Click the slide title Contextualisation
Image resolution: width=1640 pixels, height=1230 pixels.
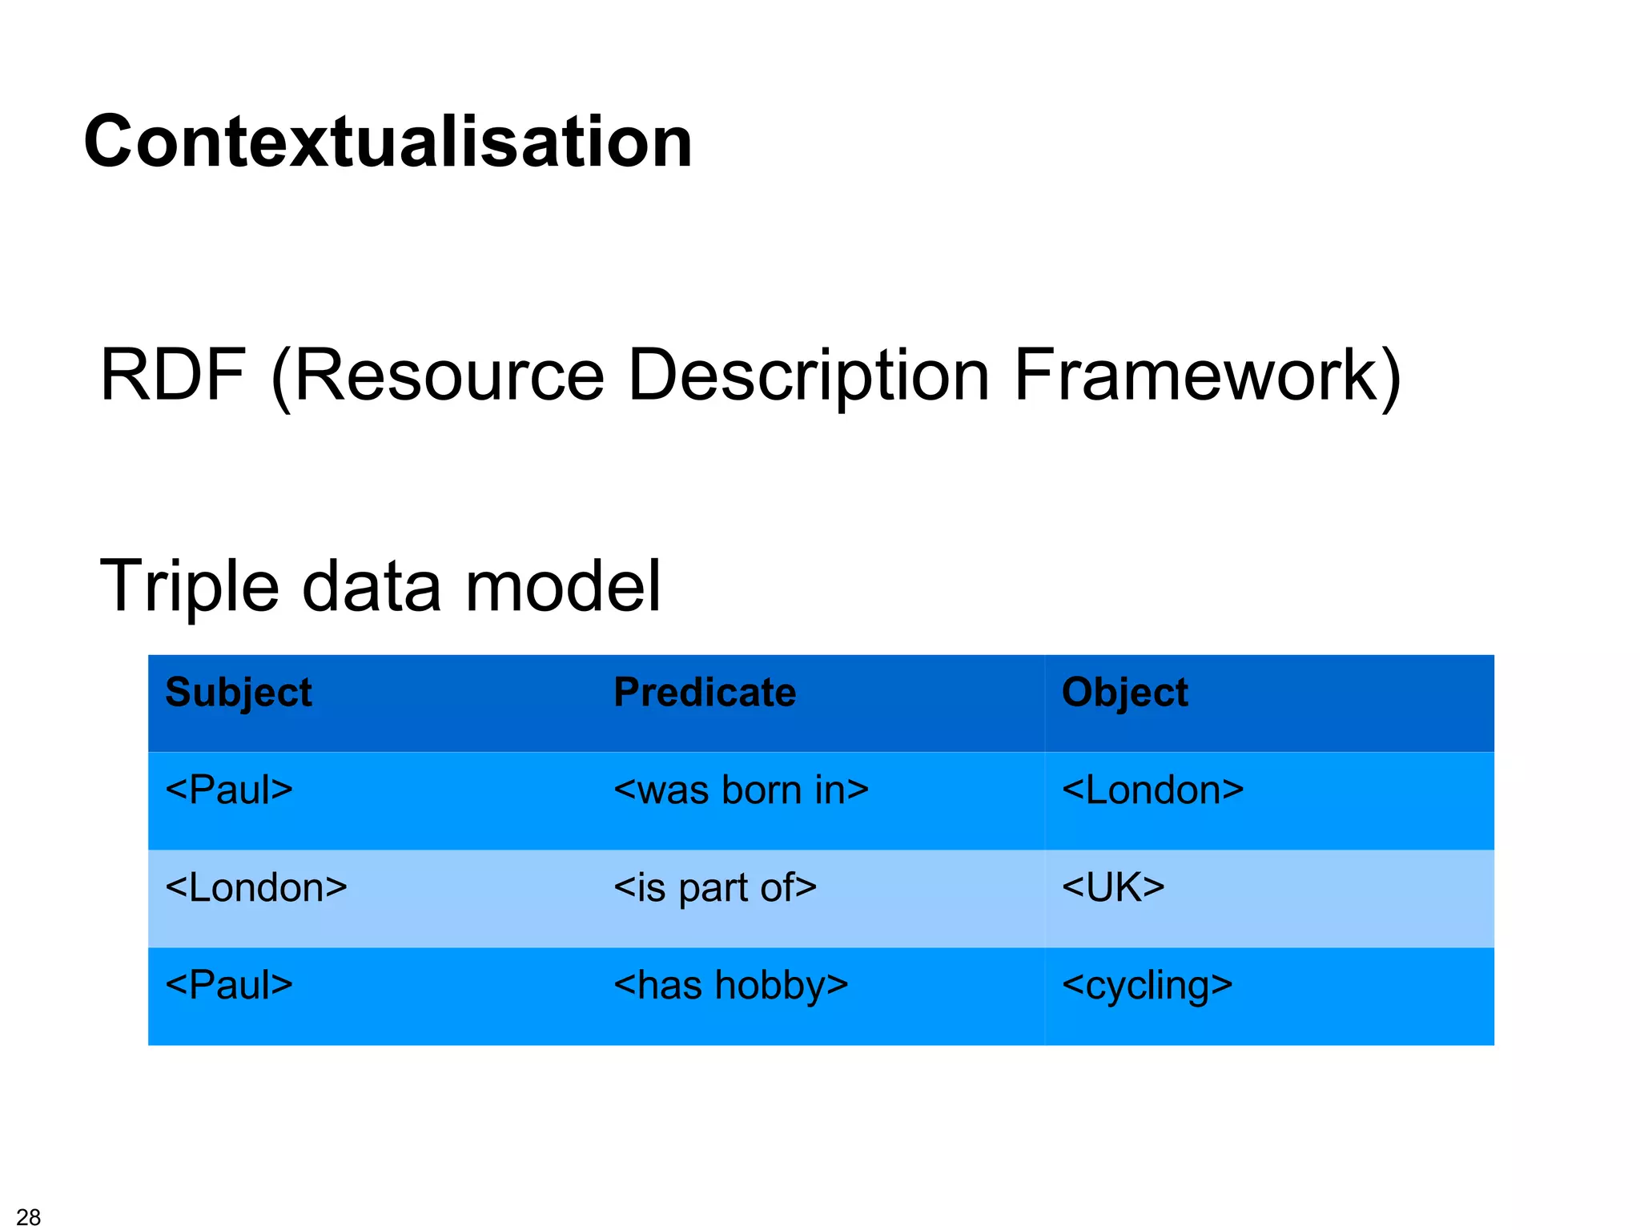coord(388,142)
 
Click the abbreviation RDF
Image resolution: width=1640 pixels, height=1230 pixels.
coord(171,375)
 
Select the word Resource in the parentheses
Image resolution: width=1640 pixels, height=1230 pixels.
coord(448,375)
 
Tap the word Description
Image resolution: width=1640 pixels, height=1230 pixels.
coord(809,375)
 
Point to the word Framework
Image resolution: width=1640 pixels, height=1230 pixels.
coord(1197,375)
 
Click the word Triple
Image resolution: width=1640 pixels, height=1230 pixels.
coord(189,587)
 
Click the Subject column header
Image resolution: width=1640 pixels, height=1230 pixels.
coord(238,693)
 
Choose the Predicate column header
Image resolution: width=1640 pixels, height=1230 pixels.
coord(705,693)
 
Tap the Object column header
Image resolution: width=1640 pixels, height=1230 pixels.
coord(1124,693)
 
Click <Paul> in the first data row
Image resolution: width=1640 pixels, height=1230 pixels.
coord(229,790)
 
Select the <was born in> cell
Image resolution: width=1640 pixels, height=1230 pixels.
coord(741,790)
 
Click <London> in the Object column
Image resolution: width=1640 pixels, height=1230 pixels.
coord(1152,790)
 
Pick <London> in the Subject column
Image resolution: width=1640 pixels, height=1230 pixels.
coord(256,887)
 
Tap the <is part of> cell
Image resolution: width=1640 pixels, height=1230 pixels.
coord(715,887)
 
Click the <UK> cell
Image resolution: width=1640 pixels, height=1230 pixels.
coord(1113,887)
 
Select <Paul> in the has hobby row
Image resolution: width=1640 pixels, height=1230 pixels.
coord(229,985)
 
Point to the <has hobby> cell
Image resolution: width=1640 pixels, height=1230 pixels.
coord(730,985)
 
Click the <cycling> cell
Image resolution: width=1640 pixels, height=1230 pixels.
coord(1147,985)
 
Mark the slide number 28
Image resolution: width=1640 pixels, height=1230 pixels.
coord(28,1216)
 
